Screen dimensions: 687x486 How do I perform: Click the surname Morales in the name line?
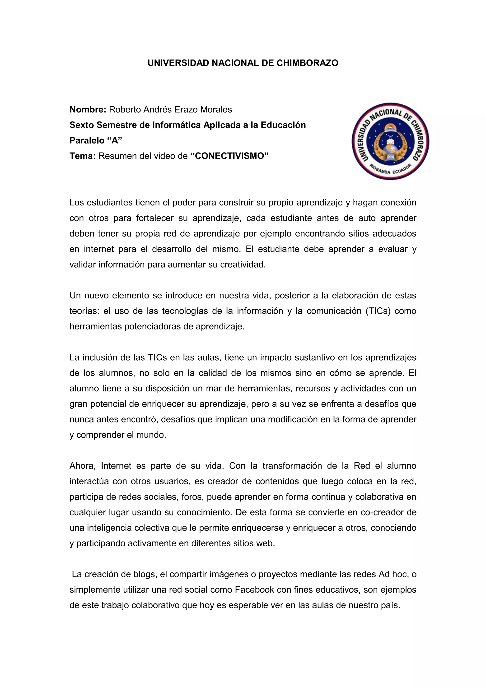(216, 110)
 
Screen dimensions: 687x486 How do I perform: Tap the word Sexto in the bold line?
(82, 125)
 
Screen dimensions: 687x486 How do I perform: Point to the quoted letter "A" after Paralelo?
(115, 140)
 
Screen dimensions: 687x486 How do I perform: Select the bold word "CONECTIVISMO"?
(229, 156)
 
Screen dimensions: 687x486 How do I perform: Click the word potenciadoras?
(153, 326)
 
